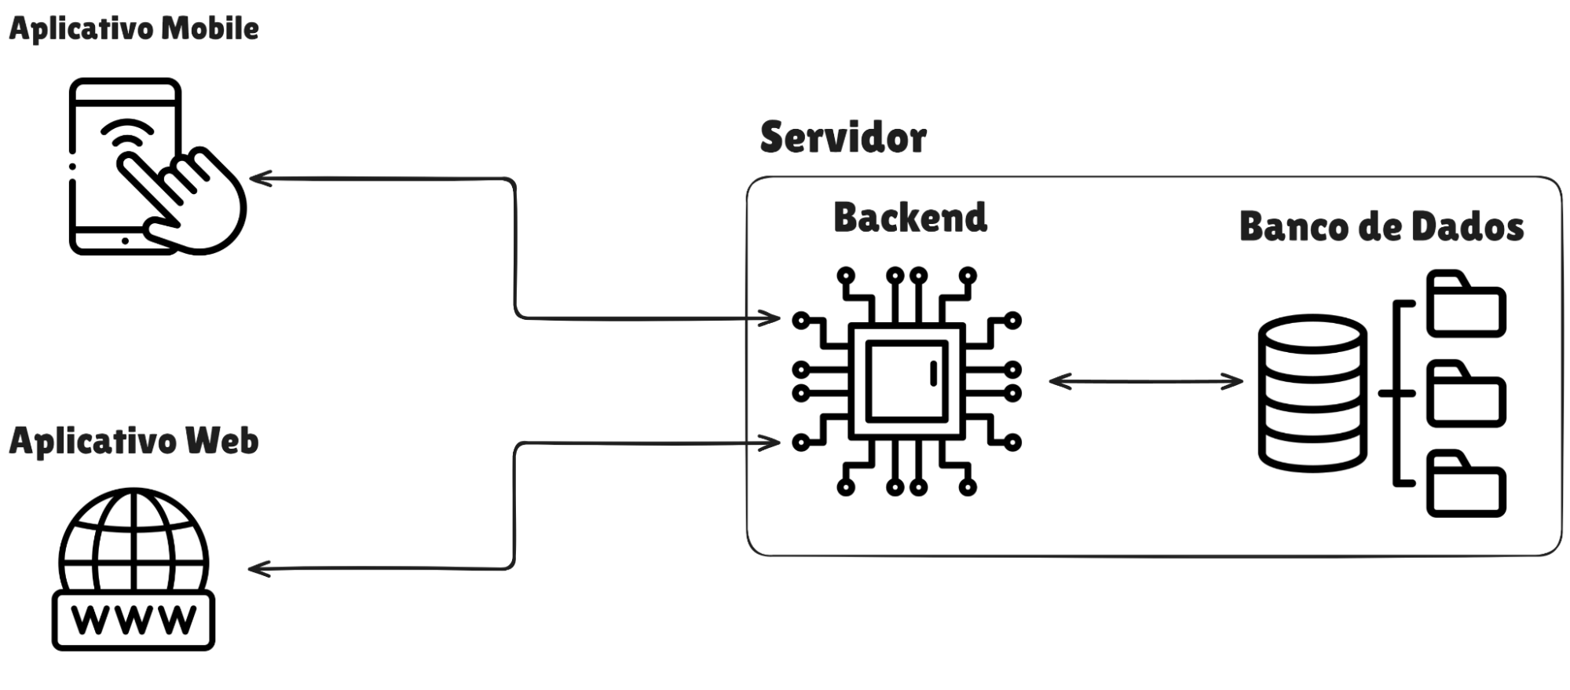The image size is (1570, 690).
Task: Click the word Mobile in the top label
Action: click(x=210, y=29)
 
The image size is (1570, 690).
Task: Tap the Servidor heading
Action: click(x=843, y=138)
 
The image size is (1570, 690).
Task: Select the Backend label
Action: click(x=909, y=218)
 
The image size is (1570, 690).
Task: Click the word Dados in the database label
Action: click(x=1467, y=227)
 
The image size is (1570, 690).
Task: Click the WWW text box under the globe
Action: click(x=134, y=620)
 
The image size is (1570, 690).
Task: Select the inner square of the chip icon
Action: click(x=906, y=380)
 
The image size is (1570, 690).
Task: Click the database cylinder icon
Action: click(x=1312, y=393)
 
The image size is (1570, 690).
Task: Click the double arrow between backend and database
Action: click(x=1146, y=382)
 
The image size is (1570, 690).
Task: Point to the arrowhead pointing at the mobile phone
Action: click(x=259, y=178)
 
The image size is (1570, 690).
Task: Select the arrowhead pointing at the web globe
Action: click(x=258, y=568)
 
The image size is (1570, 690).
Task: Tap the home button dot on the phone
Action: click(x=125, y=240)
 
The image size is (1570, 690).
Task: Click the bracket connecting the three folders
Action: click(x=1398, y=393)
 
